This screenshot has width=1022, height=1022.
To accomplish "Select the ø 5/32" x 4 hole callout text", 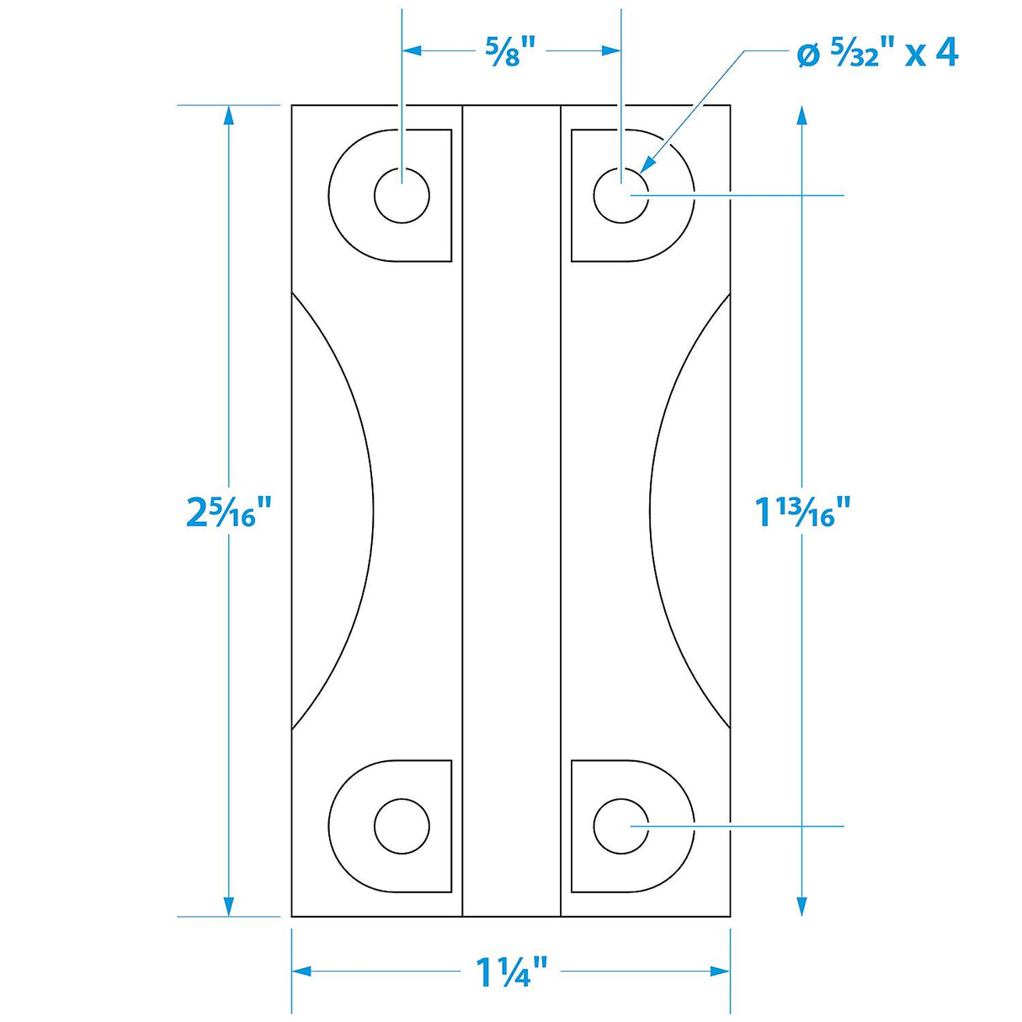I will [x=876, y=54].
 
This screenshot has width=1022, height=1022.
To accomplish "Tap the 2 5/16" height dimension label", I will [x=229, y=511].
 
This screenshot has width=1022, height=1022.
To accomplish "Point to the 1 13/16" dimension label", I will [x=802, y=511].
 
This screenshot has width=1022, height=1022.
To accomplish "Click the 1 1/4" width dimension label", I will [x=512, y=972].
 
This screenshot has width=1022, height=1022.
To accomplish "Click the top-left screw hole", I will [x=402, y=195].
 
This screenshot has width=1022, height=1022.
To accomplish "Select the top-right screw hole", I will [x=620, y=195].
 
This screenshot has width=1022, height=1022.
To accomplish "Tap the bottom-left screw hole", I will [x=402, y=826].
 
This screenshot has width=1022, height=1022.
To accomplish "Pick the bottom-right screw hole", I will [x=620, y=826].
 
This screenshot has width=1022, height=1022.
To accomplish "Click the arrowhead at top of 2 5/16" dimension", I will [x=228, y=115].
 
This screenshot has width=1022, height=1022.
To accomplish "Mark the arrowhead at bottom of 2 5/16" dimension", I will [x=228, y=906].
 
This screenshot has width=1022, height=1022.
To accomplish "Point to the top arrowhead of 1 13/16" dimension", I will [x=801, y=115].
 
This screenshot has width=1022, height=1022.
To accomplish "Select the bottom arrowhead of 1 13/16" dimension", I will [x=801, y=906].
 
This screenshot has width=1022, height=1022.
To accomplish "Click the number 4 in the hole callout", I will [x=945, y=53].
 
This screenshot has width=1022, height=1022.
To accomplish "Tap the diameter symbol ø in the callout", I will [x=807, y=56].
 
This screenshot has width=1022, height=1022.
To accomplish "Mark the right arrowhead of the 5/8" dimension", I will [x=611, y=51].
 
